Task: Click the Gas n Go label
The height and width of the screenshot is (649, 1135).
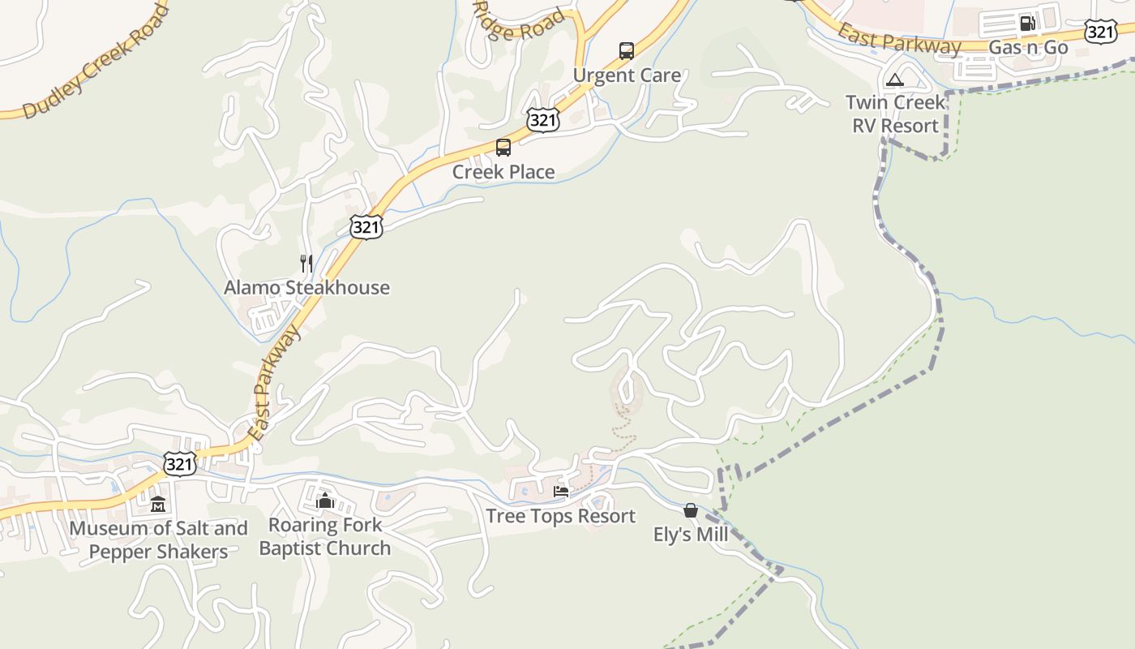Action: coord(1028,48)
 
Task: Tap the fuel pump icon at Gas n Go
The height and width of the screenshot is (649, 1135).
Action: coord(1027,23)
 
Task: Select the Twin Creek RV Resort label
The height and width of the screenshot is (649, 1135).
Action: coord(896,114)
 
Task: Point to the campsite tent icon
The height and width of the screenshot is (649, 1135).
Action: coord(894,80)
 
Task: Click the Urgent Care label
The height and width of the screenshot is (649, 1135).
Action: coord(627,75)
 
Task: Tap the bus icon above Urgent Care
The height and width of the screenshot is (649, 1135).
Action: coord(627,51)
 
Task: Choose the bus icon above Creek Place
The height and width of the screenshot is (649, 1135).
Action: coord(503,148)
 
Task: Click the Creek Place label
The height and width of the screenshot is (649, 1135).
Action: coord(503,172)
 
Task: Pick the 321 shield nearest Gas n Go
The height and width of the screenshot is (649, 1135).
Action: coord(1100,32)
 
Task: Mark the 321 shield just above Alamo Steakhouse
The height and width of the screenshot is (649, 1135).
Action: coord(366,227)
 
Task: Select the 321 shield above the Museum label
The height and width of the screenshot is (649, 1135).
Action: coord(179,464)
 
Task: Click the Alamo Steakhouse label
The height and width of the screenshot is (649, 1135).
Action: coord(306,288)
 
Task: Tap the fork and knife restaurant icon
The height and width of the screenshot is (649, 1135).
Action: coord(306,264)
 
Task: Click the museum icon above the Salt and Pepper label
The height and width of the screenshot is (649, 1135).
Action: coord(158,505)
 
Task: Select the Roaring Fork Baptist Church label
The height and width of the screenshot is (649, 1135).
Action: coord(325,537)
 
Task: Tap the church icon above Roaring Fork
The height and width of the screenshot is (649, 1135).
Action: coord(325,501)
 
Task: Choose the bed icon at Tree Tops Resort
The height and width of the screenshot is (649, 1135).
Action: coord(560,492)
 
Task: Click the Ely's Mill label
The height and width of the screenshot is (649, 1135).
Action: coord(691,535)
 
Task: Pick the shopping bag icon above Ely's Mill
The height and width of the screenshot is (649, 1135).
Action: coord(691,510)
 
